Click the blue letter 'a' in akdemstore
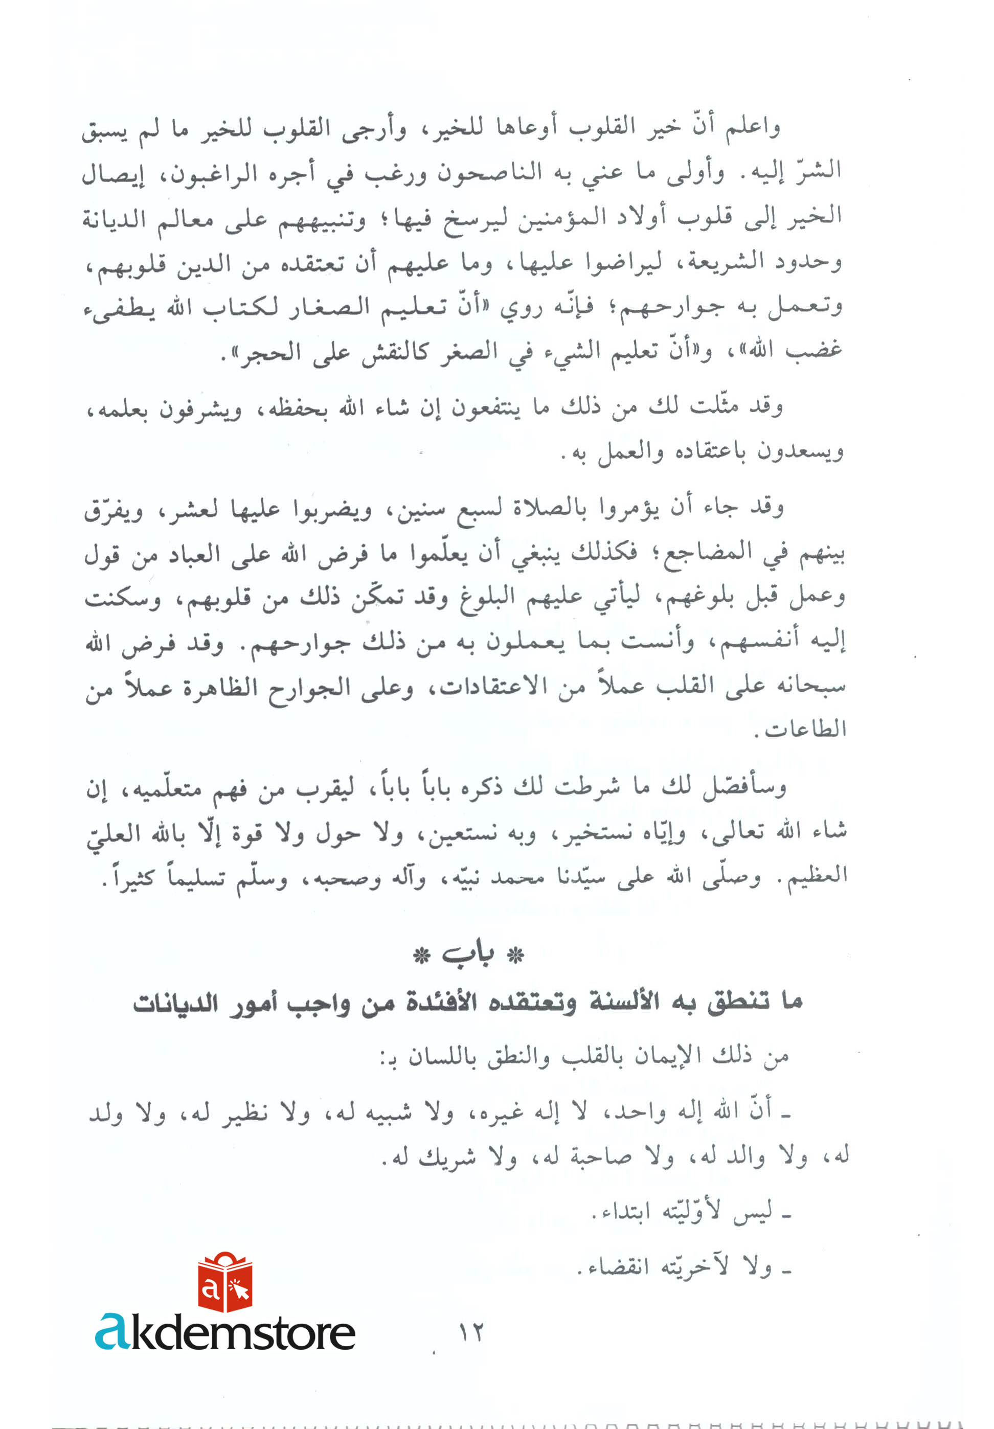click(112, 1331)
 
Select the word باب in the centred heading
click(468, 956)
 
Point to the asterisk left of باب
click(422, 956)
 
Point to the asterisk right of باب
click(515, 956)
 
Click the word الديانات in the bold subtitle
click(175, 1003)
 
